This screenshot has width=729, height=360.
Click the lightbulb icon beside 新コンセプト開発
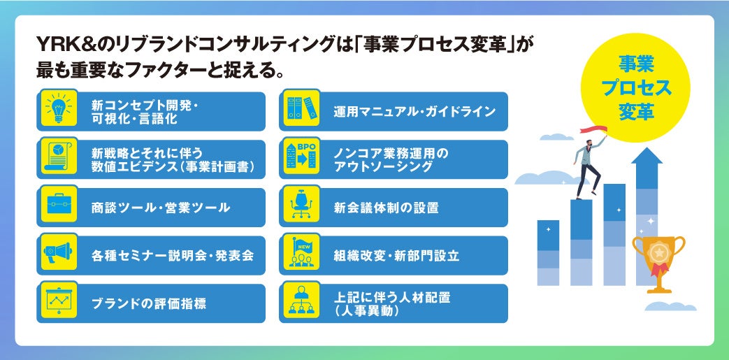58,110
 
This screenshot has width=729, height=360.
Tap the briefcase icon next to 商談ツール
58,207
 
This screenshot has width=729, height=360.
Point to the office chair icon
301,207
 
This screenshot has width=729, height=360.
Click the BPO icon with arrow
301,159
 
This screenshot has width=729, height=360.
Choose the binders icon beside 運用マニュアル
301,110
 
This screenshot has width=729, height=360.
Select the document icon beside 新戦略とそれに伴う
58,159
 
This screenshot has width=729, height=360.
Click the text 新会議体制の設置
386,208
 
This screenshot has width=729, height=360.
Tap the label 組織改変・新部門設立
396,256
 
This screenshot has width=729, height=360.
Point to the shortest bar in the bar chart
548,253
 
